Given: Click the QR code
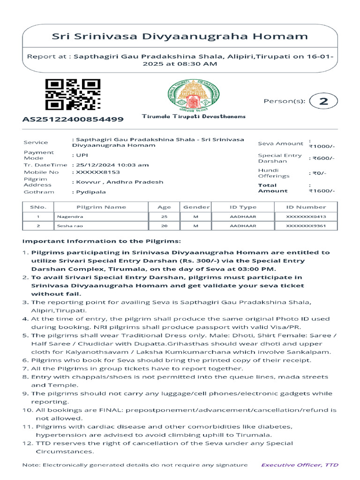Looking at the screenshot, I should (x=72, y=95).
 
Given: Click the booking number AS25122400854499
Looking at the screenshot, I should (x=73, y=119).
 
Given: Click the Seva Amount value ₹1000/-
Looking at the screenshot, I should (x=322, y=146).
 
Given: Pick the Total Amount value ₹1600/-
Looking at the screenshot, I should (x=322, y=191).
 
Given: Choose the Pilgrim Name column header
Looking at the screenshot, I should (x=101, y=207).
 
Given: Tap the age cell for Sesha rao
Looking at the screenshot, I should (x=164, y=226).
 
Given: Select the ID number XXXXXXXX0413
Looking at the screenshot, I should (x=306, y=217).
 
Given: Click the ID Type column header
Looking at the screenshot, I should (x=243, y=207).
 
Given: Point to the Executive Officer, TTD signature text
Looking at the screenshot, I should (x=300, y=465).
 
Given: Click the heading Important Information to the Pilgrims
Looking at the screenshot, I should (x=101, y=241).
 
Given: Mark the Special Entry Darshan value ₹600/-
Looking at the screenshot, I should (x=322, y=158).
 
